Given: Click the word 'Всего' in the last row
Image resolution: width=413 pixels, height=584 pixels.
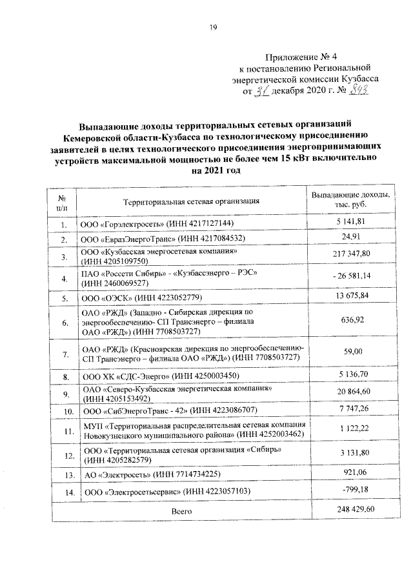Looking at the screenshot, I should tap(182, 510).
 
